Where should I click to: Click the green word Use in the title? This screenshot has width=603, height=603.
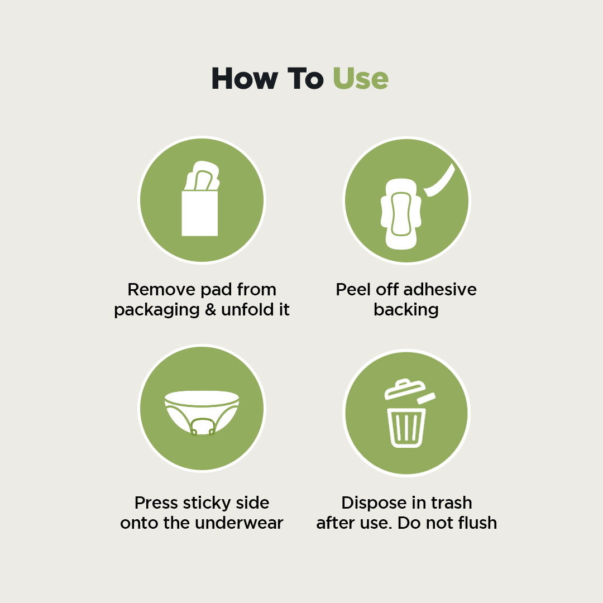click(360, 79)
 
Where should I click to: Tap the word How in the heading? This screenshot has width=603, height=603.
click(243, 79)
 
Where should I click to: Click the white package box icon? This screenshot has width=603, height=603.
click(199, 213)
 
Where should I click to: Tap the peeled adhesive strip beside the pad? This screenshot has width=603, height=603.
click(441, 180)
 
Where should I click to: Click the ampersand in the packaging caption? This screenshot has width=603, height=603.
click(210, 310)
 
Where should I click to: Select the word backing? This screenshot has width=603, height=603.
click(406, 310)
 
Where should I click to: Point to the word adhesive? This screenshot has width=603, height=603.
click(440, 290)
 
